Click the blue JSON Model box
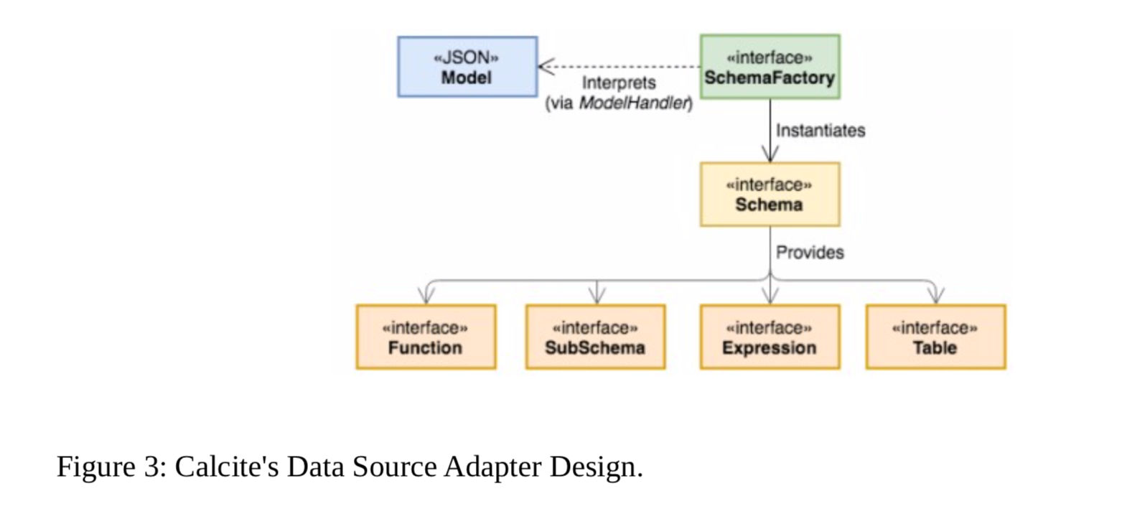coord(467,67)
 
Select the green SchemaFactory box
coord(770,67)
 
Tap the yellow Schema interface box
coord(770,195)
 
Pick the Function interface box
coord(426,337)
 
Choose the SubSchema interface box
coord(595,337)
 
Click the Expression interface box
coord(770,337)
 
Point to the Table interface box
coord(935,337)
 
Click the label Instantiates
coord(820,131)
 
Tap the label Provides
coord(810,253)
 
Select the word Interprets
coord(619,83)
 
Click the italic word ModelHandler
coord(634,103)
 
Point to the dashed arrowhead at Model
coord(545,67)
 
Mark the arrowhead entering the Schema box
coord(770,155)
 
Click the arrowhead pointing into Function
coord(426,296)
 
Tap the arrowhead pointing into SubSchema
coord(597,296)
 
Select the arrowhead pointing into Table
coord(935,296)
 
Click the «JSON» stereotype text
coord(467,57)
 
